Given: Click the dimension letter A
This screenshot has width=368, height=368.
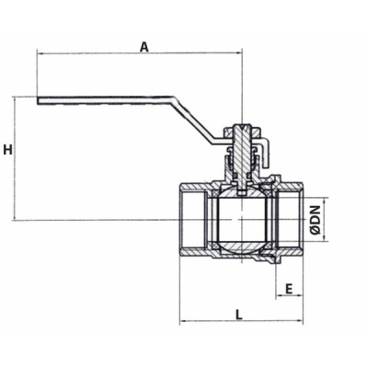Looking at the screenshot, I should click(x=144, y=45).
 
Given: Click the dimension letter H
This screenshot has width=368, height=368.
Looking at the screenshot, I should click(x=7, y=150).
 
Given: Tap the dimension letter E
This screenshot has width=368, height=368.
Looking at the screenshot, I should click(x=289, y=288).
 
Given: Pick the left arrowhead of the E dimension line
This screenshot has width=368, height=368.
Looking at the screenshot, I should click(x=278, y=298).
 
